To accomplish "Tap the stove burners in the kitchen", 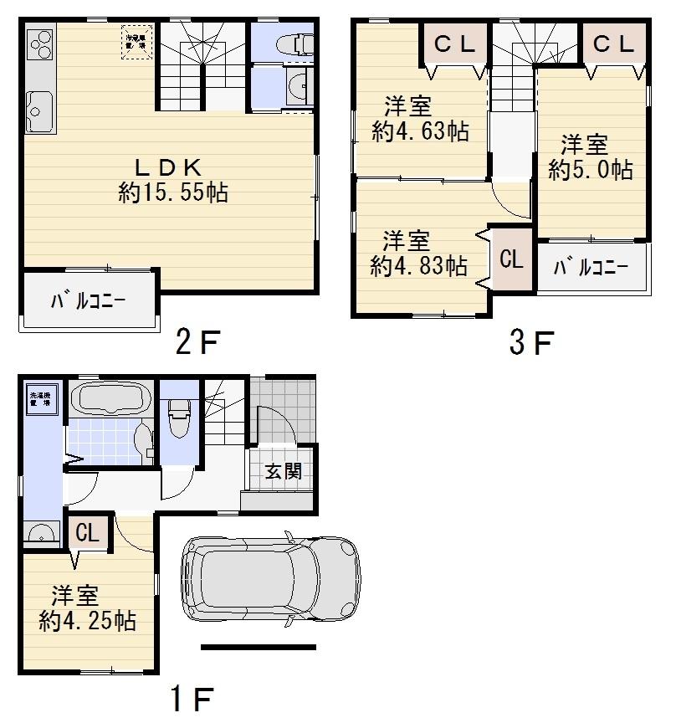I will pyautogui.click(x=40, y=43).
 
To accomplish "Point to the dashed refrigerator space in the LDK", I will pyautogui.click(x=137, y=43).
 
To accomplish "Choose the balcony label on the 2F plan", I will pyautogui.click(x=88, y=300).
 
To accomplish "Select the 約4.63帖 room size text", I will pyautogui.click(x=419, y=131).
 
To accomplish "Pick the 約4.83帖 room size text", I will pyautogui.click(x=418, y=265).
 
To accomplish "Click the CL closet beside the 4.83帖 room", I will pyautogui.click(x=511, y=259).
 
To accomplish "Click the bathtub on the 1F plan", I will pyautogui.click(x=110, y=398).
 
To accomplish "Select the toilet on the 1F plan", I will pyautogui.click(x=179, y=413).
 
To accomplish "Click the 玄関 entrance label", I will pyautogui.click(x=283, y=471).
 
